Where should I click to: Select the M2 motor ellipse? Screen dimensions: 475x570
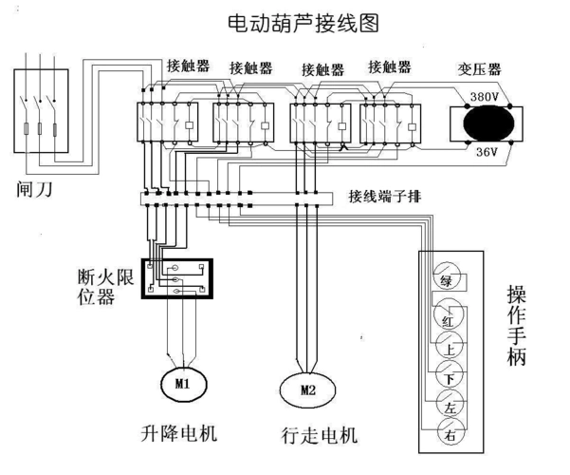(306, 389)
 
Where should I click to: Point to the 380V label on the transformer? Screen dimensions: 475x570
(487, 97)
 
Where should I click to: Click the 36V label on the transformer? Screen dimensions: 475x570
(485, 150)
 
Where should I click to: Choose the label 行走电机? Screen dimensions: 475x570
(320, 436)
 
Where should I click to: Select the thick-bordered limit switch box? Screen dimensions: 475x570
(176, 276)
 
